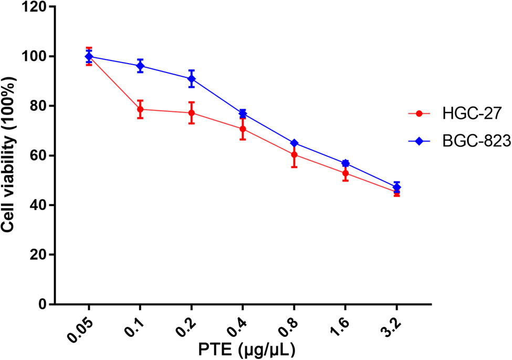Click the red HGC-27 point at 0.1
tap(140, 109)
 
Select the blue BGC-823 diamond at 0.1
tap(140, 66)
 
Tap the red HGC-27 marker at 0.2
tap(192, 113)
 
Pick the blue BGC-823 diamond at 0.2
tap(192, 79)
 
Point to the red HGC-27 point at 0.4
tap(243, 129)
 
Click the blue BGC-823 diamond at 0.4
tap(243, 114)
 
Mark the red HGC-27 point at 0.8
tap(294, 155)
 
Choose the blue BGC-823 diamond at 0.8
tap(294, 143)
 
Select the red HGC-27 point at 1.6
tap(346, 173)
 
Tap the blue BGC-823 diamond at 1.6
tap(346, 163)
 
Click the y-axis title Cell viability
tap(9, 156)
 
